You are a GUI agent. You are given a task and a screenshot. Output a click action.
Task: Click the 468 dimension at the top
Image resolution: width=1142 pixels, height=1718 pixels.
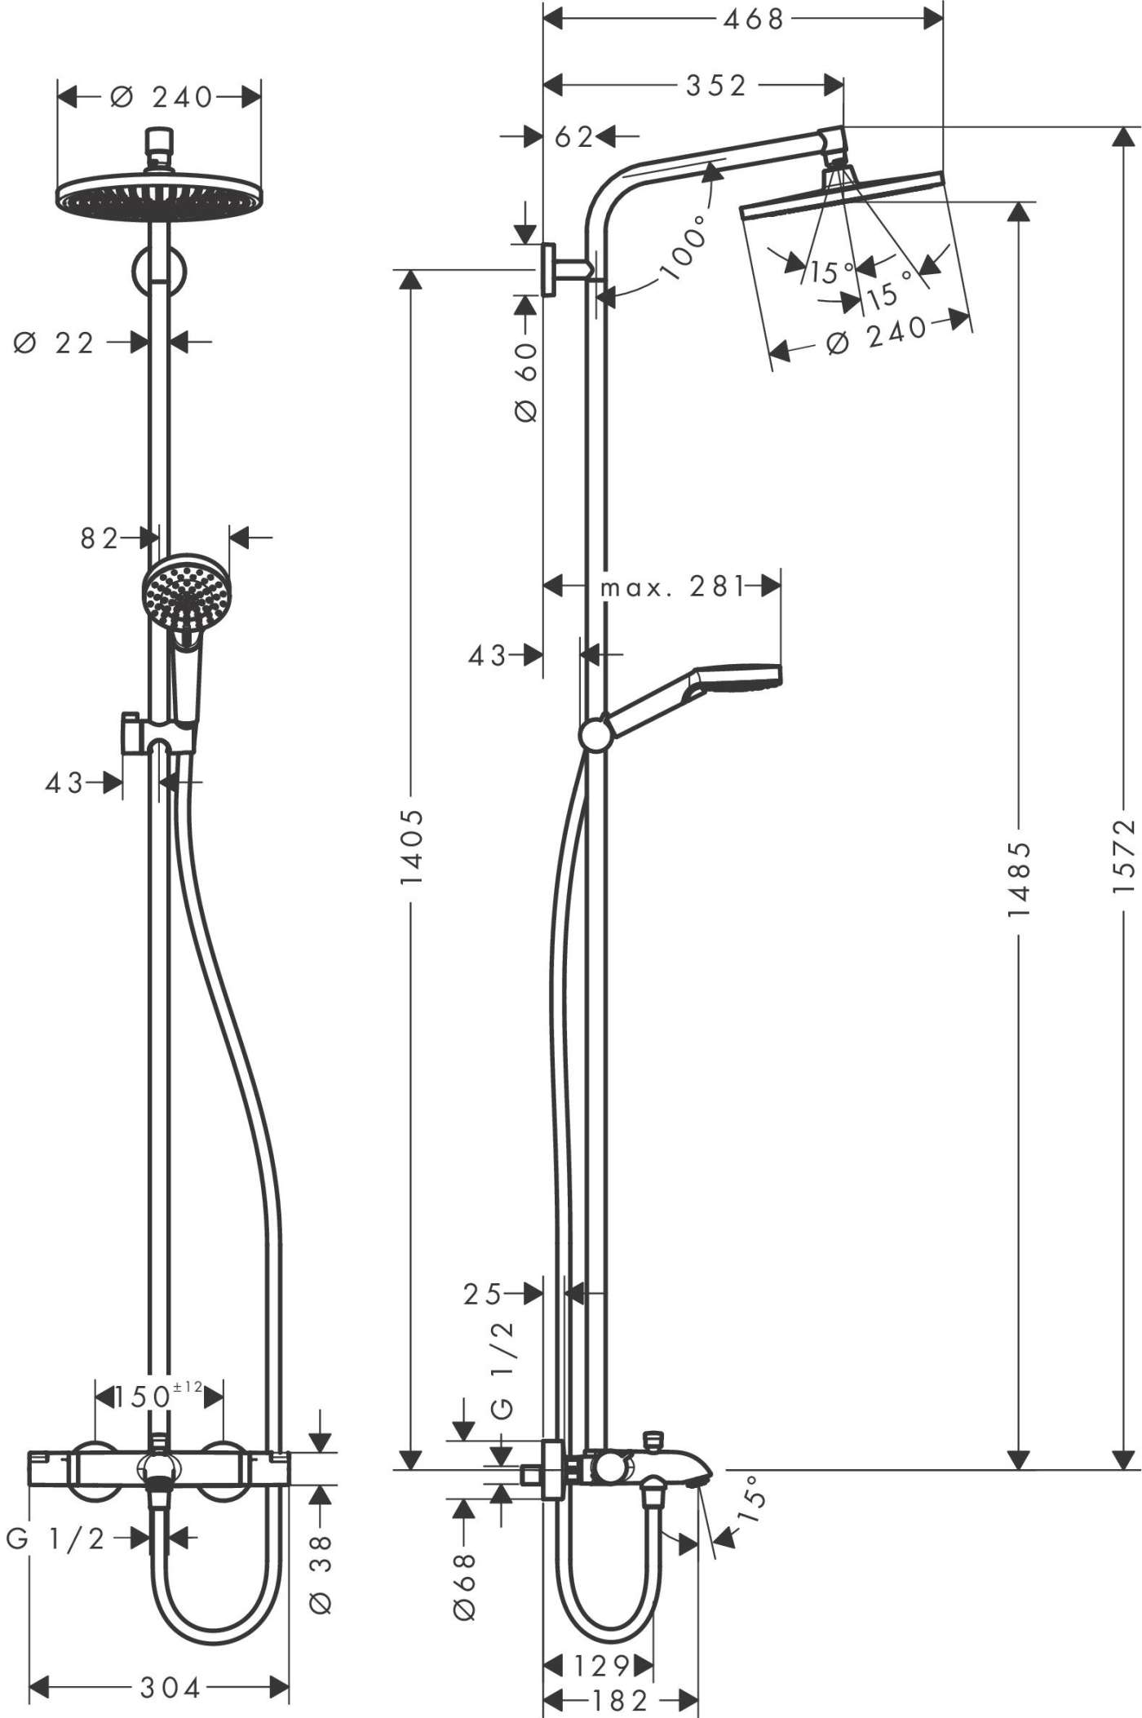coord(753,19)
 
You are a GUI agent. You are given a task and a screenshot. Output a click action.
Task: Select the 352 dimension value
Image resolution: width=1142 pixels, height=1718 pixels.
coord(715,86)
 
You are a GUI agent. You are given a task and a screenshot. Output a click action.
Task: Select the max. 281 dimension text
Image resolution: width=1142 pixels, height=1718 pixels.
coord(673,587)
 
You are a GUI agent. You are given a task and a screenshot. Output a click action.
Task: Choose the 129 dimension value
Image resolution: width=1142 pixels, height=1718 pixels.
coord(601,1664)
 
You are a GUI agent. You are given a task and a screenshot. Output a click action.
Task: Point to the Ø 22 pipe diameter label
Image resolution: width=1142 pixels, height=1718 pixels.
coord(55,343)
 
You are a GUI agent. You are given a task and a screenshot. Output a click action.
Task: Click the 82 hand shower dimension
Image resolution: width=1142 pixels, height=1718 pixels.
coord(99,538)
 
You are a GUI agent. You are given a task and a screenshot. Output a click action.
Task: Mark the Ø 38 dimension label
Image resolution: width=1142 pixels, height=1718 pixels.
coord(321,1574)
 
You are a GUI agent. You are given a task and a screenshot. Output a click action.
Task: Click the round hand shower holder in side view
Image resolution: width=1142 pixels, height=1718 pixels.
coord(594,735)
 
